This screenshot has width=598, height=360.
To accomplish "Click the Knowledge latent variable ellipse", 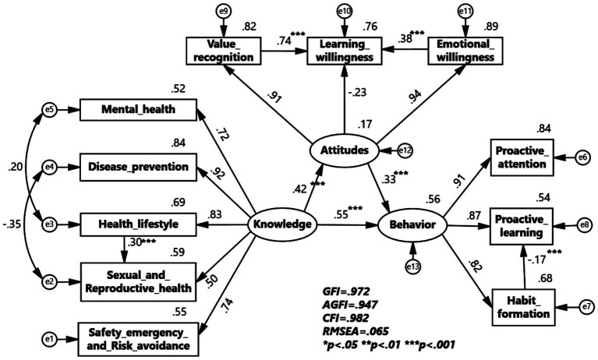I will pos(281,226).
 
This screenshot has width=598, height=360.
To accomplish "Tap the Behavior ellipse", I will pos(412,226).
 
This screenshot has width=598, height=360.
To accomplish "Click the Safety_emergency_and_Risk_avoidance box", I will pos(137,339).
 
